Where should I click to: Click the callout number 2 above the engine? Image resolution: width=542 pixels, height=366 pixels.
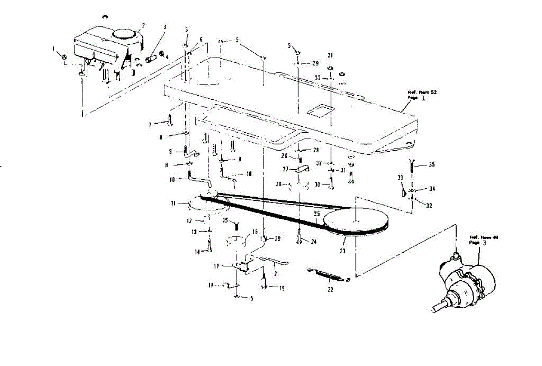pyautogui.click(x=143, y=25)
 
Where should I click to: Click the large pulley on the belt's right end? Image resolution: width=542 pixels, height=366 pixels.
pyautogui.click(x=356, y=222)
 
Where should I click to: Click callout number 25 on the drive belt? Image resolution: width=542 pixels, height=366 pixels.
pyautogui.click(x=317, y=213)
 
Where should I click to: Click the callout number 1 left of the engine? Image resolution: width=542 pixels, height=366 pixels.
pyautogui.click(x=53, y=48)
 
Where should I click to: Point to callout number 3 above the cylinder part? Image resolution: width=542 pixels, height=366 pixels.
pyautogui.click(x=165, y=27)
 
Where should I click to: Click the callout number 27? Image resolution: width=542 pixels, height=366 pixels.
pyautogui.click(x=285, y=170)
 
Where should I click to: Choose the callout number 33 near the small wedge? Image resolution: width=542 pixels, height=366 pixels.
pyautogui.click(x=400, y=177)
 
